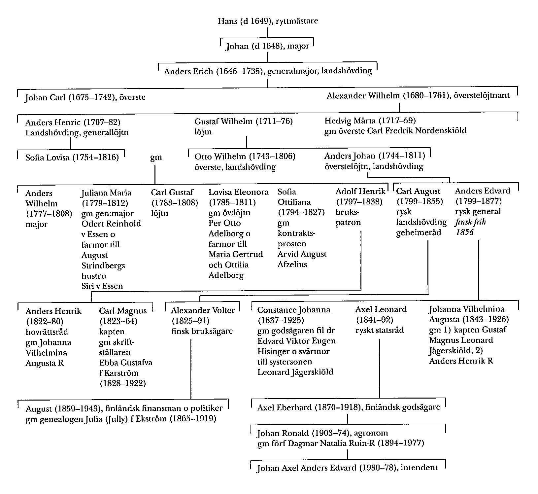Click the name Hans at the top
[227, 21]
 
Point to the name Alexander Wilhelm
[363, 96]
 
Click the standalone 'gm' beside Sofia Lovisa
[156, 157]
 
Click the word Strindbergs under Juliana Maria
[103, 265]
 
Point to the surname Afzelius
[292, 265]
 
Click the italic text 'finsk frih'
[470, 222]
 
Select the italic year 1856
[464, 232]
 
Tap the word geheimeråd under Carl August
[419, 232]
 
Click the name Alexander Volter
[203, 310]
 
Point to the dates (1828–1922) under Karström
[122, 383]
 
